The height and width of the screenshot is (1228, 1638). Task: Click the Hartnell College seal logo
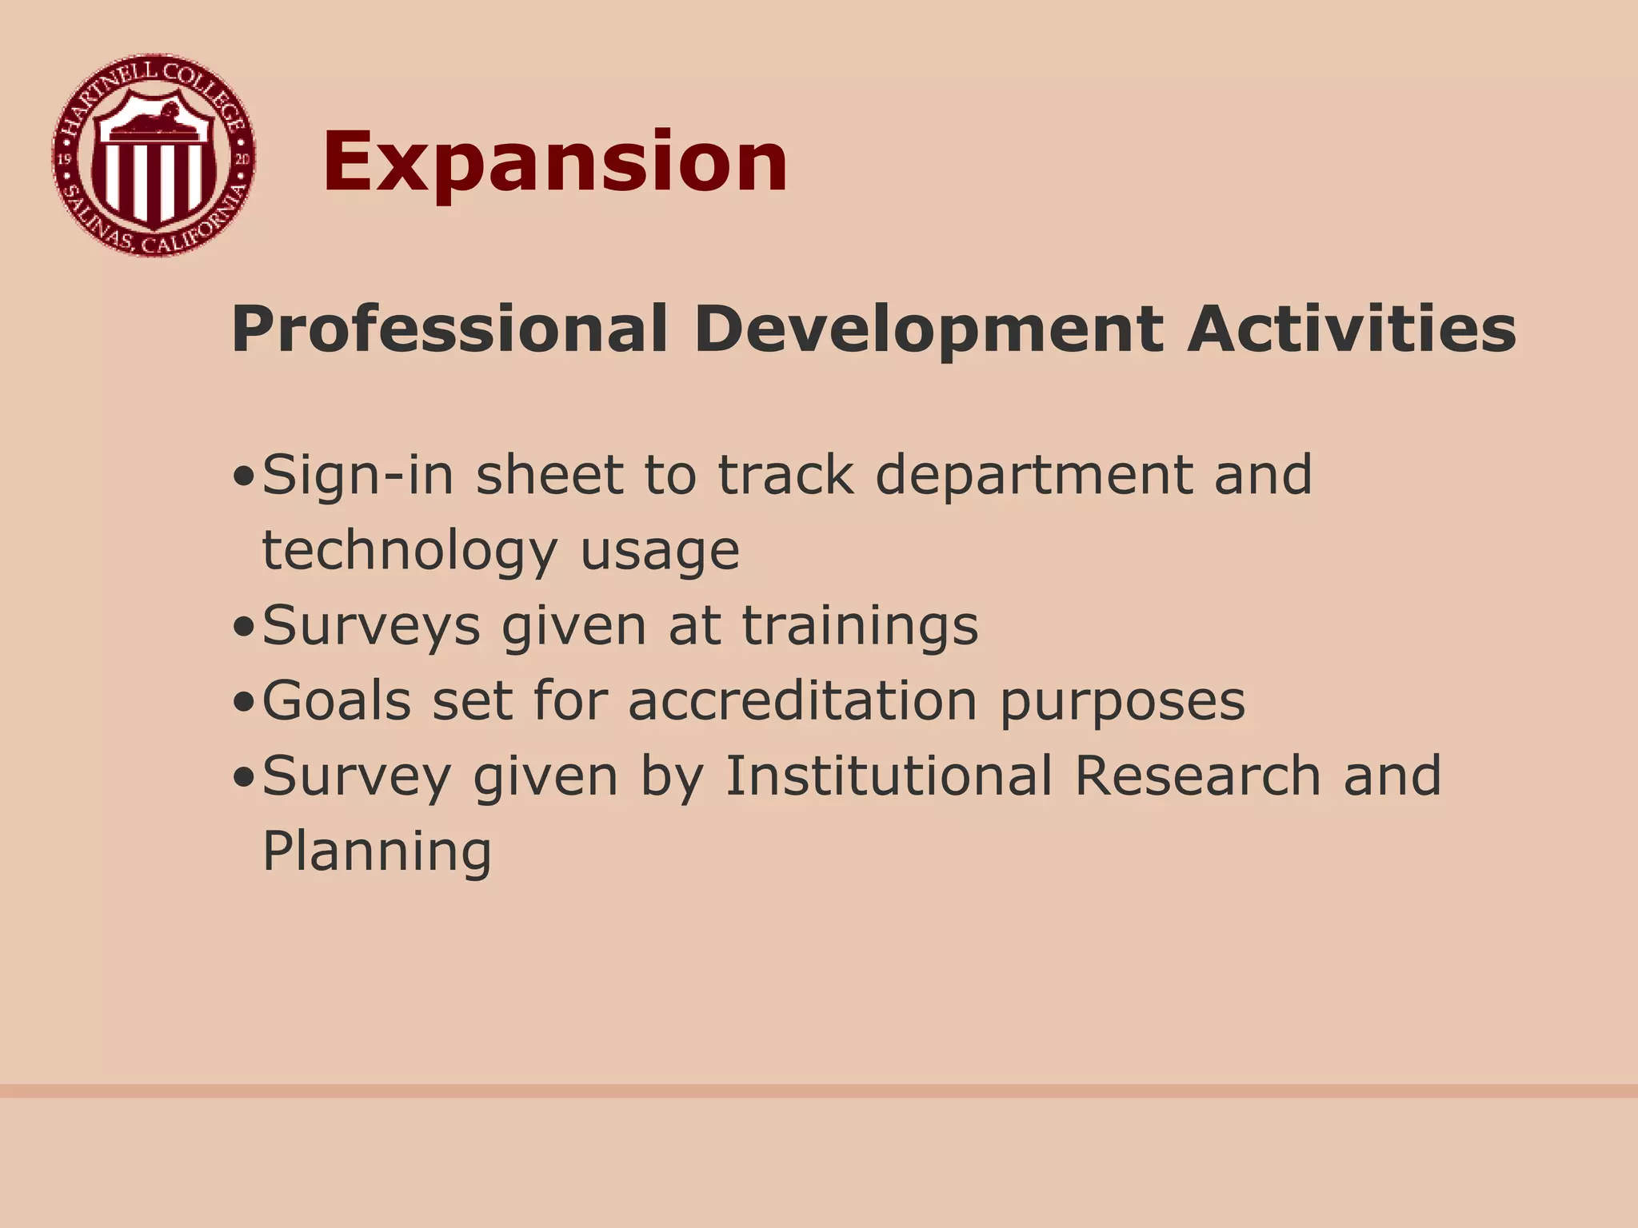click(x=154, y=156)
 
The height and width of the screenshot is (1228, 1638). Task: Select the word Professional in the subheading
click(x=449, y=329)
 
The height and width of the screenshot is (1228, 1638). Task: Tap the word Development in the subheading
click(x=928, y=329)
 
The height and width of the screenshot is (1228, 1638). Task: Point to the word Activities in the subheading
click(x=1351, y=329)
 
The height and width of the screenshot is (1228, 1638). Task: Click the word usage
click(x=660, y=552)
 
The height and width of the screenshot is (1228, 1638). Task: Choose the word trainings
click(x=861, y=626)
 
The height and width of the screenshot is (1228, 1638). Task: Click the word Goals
click(x=337, y=701)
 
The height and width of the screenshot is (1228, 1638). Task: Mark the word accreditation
click(x=803, y=701)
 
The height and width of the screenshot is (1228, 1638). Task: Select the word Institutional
click(x=889, y=775)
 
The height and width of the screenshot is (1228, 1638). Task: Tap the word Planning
click(x=377, y=852)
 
